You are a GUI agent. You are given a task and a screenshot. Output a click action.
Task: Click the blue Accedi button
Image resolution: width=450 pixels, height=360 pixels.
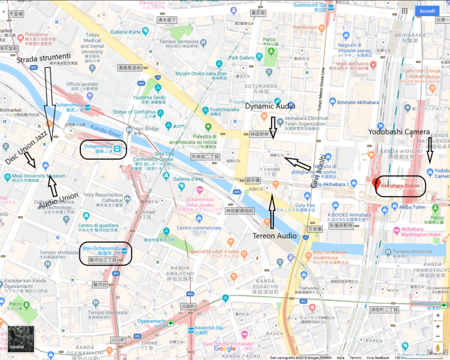[x=427, y=11]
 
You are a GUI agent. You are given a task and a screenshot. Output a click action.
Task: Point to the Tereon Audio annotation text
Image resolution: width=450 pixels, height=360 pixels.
[x=272, y=236]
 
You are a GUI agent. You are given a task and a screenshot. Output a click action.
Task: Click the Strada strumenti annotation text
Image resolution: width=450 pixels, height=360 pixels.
[x=43, y=59]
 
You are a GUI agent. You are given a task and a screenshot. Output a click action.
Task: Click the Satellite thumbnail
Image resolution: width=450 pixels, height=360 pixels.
[x=20, y=339]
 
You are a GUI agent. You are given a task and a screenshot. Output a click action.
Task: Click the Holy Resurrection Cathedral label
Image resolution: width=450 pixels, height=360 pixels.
[x=103, y=197]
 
